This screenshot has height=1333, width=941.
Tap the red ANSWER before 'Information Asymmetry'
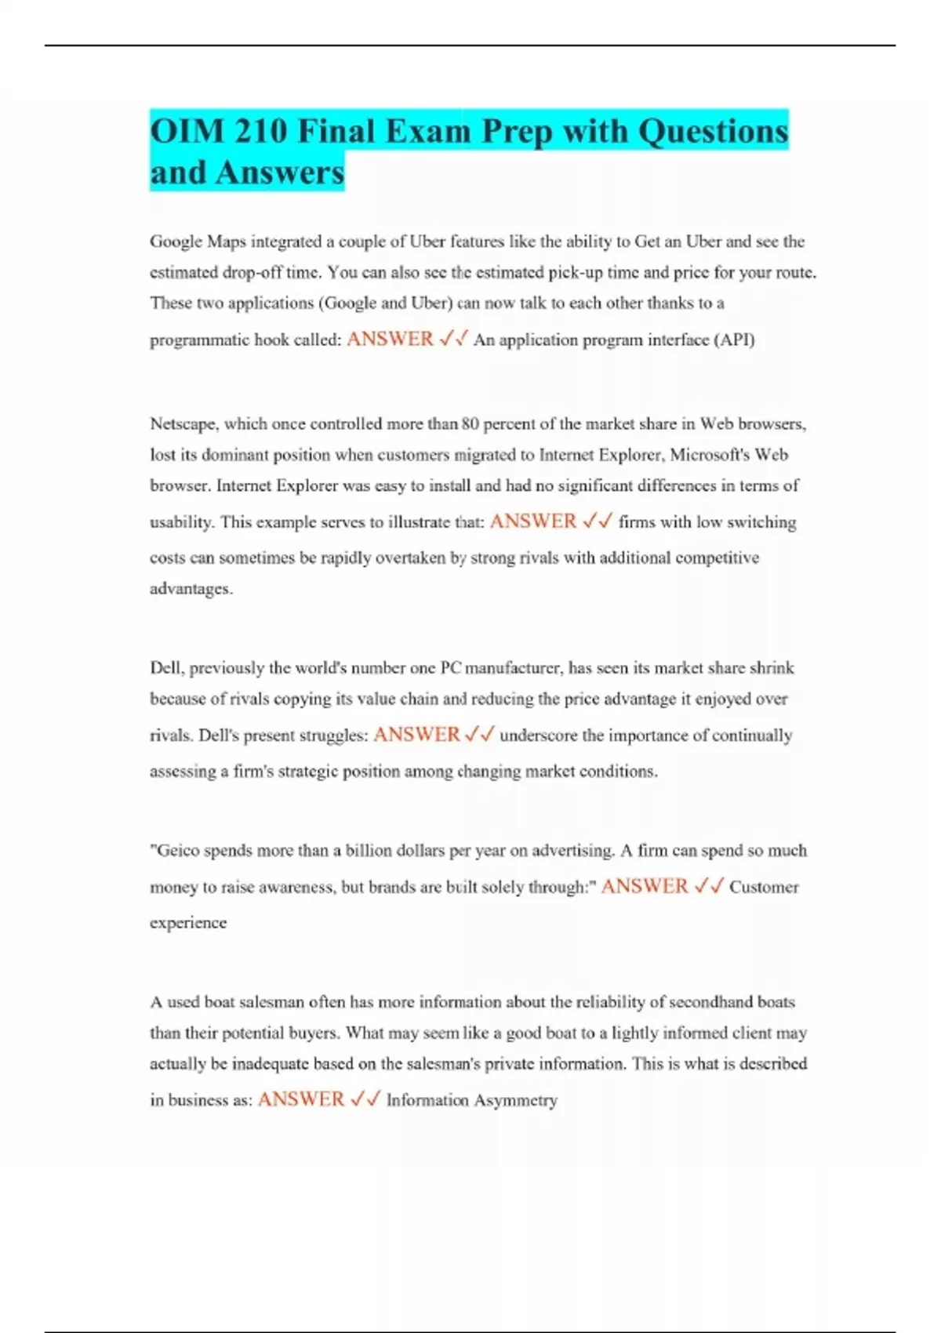(x=301, y=1099)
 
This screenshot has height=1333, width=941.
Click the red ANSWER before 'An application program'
(x=390, y=339)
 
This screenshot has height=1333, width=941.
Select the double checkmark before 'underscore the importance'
(x=479, y=735)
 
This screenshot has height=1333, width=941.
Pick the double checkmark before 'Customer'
(x=708, y=887)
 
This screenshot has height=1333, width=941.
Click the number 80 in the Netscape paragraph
(x=470, y=424)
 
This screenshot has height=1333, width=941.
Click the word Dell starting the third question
(x=165, y=668)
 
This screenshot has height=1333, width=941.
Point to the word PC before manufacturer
(x=451, y=668)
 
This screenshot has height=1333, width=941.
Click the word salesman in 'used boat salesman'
(x=271, y=1002)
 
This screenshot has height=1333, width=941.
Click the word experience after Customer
(x=188, y=923)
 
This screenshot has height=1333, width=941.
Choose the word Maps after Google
(x=227, y=242)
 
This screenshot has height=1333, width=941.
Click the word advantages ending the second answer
(x=191, y=589)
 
